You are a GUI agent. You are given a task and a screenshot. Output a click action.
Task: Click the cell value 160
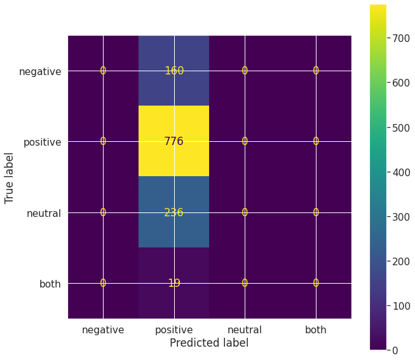pyautogui.click(x=173, y=71)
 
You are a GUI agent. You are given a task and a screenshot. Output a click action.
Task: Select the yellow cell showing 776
pyautogui.click(x=173, y=141)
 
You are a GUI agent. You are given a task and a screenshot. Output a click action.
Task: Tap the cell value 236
pyautogui.click(x=173, y=212)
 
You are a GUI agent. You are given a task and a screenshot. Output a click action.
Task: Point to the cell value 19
pyautogui.click(x=173, y=283)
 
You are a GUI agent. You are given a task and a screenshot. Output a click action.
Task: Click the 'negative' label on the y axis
pyautogui.click(x=40, y=71)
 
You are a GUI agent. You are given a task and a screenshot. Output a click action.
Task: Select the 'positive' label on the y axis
pyautogui.click(x=42, y=142)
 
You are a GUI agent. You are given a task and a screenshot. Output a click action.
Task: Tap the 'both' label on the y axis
pyautogui.click(x=50, y=284)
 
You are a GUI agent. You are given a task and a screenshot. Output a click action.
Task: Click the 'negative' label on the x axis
pyautogui.click(x=103, y=329)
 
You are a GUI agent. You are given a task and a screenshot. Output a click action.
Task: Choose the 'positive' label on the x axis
pyautogui.click(x=173, y=329)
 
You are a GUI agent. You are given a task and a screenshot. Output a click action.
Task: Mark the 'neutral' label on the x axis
pyautogui.click(x=245, y=329)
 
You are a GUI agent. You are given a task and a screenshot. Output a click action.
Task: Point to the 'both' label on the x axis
pyautogui.click(x=315, y=329)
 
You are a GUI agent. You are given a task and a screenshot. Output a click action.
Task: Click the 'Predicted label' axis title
pyautogui.click(x=209, y=343)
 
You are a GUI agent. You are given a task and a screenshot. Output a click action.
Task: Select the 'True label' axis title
pyautogui.click(x=10, y=177)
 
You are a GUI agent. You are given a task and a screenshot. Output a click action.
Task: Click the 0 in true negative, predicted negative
pyautogui.click(x=103, y=71)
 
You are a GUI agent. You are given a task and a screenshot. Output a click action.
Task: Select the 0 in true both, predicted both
pyautogui.click(x=315, y=283)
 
